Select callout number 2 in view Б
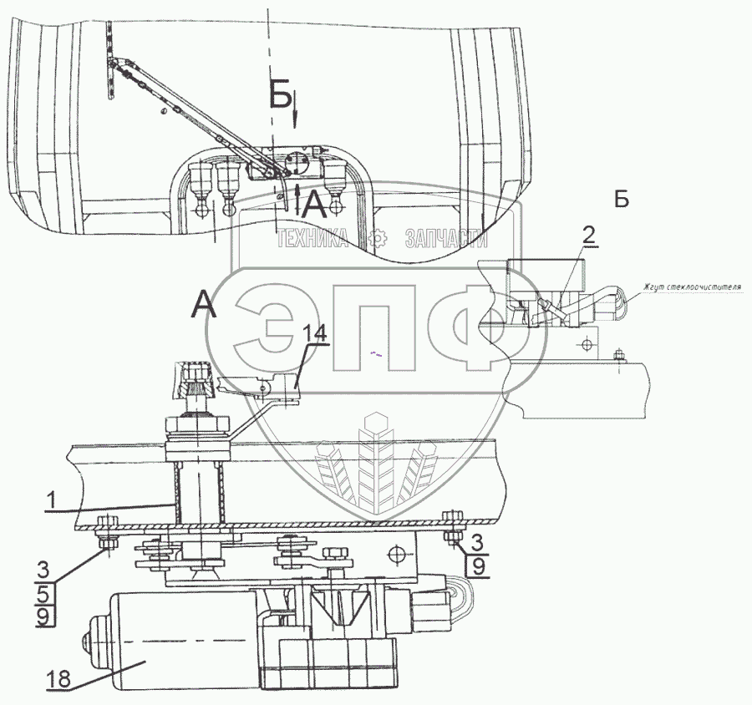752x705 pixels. (x=589, y=236)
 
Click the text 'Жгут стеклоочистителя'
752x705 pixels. (x=692, y=289)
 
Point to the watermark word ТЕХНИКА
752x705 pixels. (x=314, y=240)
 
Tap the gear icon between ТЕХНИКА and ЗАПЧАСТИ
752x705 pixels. (x=379, y=240)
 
